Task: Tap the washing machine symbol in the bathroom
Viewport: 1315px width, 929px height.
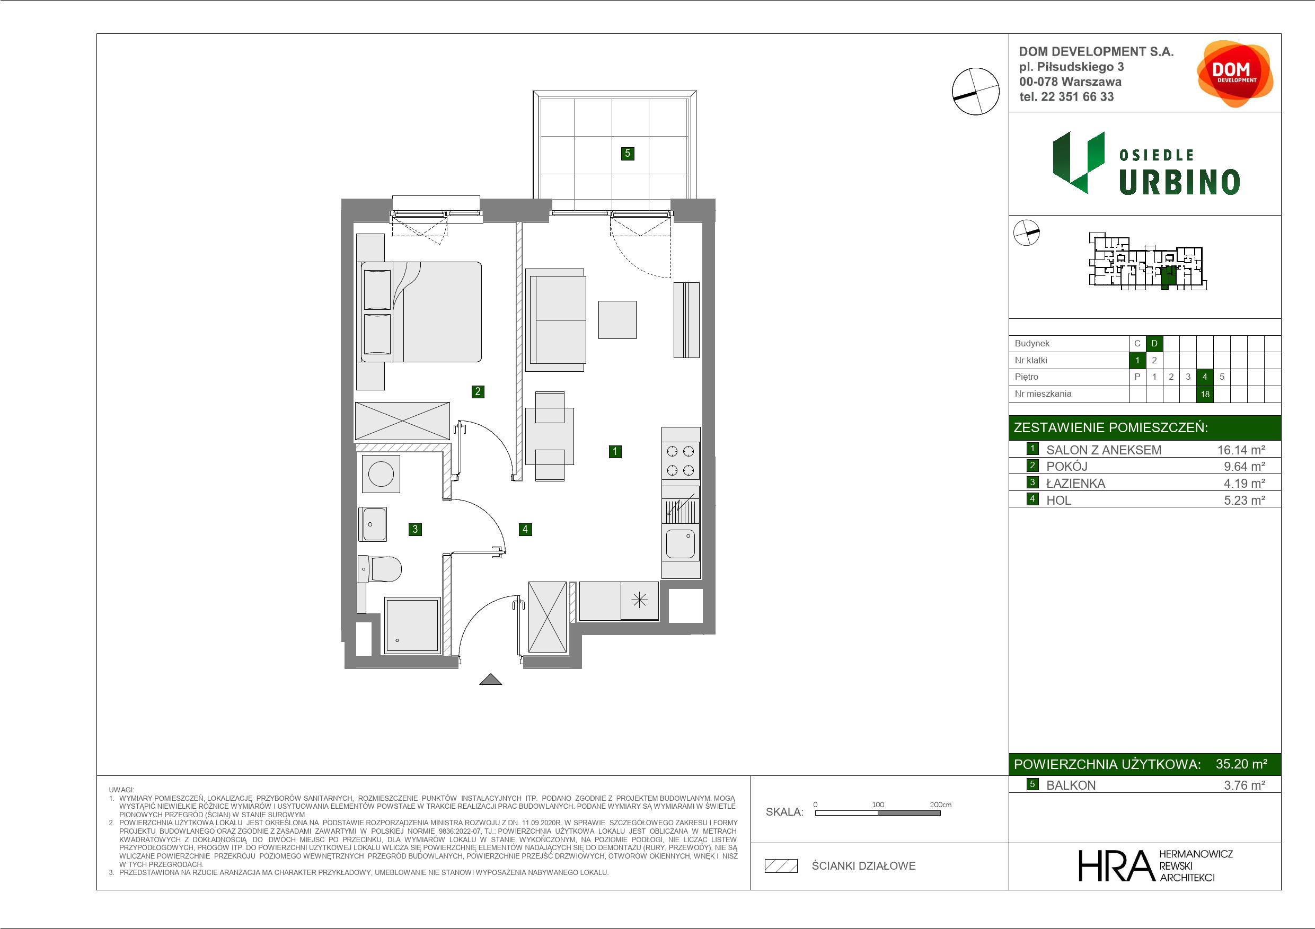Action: click(x=381, y=474)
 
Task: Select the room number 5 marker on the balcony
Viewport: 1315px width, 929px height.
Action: click(x=628, y=153)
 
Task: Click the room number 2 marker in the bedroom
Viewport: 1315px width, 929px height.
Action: click(x=478, y=391)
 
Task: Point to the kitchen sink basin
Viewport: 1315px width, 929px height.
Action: click(x=681, y=543)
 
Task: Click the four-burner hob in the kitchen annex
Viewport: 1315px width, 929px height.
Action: click(x=681, y=461)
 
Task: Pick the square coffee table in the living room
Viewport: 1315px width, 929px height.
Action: click(x=617, y=319)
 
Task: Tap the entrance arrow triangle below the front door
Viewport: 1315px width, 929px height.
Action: click(x=490, y=680)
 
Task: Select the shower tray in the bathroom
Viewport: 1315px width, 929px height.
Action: click(x=412, y=626)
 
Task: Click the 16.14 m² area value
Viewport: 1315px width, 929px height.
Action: click(x=1241, y=450)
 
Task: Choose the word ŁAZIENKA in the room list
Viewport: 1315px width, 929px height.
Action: click(x=1075, y=484)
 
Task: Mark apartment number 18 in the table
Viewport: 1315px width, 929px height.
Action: click(x=1205, y=394)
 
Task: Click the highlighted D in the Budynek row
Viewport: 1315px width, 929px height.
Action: click(x=1154, y=343)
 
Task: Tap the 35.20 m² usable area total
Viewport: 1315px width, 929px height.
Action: click(x=1241, y=764)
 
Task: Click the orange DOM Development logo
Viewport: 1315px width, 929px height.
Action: click(x=1234, y=74)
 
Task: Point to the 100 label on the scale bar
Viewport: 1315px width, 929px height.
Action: click(x=878, y=804)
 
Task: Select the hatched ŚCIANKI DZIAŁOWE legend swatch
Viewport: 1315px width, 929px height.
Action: click(x=781, y=866)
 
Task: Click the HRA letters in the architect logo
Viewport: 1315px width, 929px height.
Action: click(x=1116, y=865)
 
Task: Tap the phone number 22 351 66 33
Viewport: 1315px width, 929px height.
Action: click(x=1078, y=97)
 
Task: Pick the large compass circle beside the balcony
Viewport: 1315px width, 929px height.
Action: click(x=975, y=92)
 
